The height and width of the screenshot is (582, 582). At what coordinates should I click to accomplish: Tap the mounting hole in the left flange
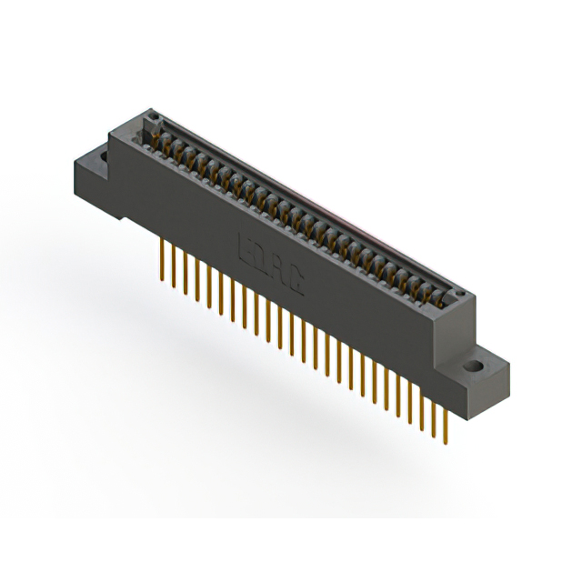(100, 156)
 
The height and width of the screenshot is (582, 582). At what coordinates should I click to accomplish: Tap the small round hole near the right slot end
(460, 296)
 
